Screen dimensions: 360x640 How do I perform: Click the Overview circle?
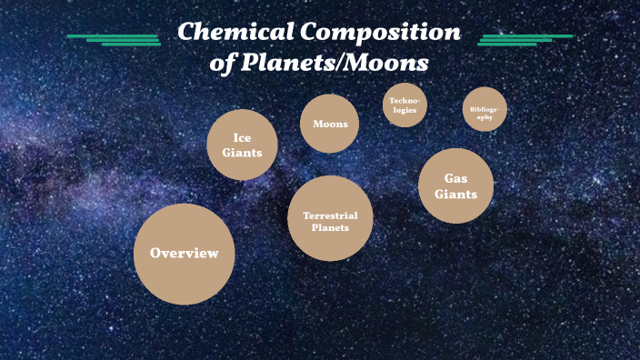click(x=184, y=254)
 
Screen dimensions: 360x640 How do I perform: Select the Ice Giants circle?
click(x=242, y=145)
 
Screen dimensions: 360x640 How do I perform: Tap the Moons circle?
click(x=329, y=123)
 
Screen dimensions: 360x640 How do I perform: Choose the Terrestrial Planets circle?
click(x=330, y=219)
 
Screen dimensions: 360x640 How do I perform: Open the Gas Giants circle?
click(x=455, y=185)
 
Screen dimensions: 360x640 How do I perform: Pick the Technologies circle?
click(x=405, y=105)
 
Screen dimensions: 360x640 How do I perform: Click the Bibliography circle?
click(x=485, y=110)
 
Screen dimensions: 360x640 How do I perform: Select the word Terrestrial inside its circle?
click(x=330, y=215)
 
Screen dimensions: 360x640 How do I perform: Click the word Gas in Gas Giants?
click(x=455, y=178)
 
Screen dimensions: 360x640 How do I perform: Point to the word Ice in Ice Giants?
click(x=242, y=137)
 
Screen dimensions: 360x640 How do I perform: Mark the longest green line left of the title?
click(x=113, y=35)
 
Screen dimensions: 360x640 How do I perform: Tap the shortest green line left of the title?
click(x=131, y=44)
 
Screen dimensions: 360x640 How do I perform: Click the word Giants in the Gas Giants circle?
click(x=455, y=194)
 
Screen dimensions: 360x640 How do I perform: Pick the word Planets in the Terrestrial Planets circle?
click(x=330, y=228)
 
